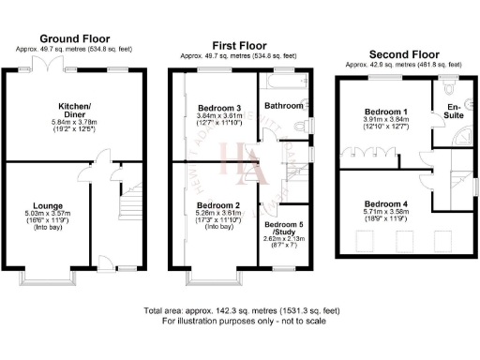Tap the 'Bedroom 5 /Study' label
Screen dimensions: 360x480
tap(283, 229)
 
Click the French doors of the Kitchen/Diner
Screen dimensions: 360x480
tap(42, 65)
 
